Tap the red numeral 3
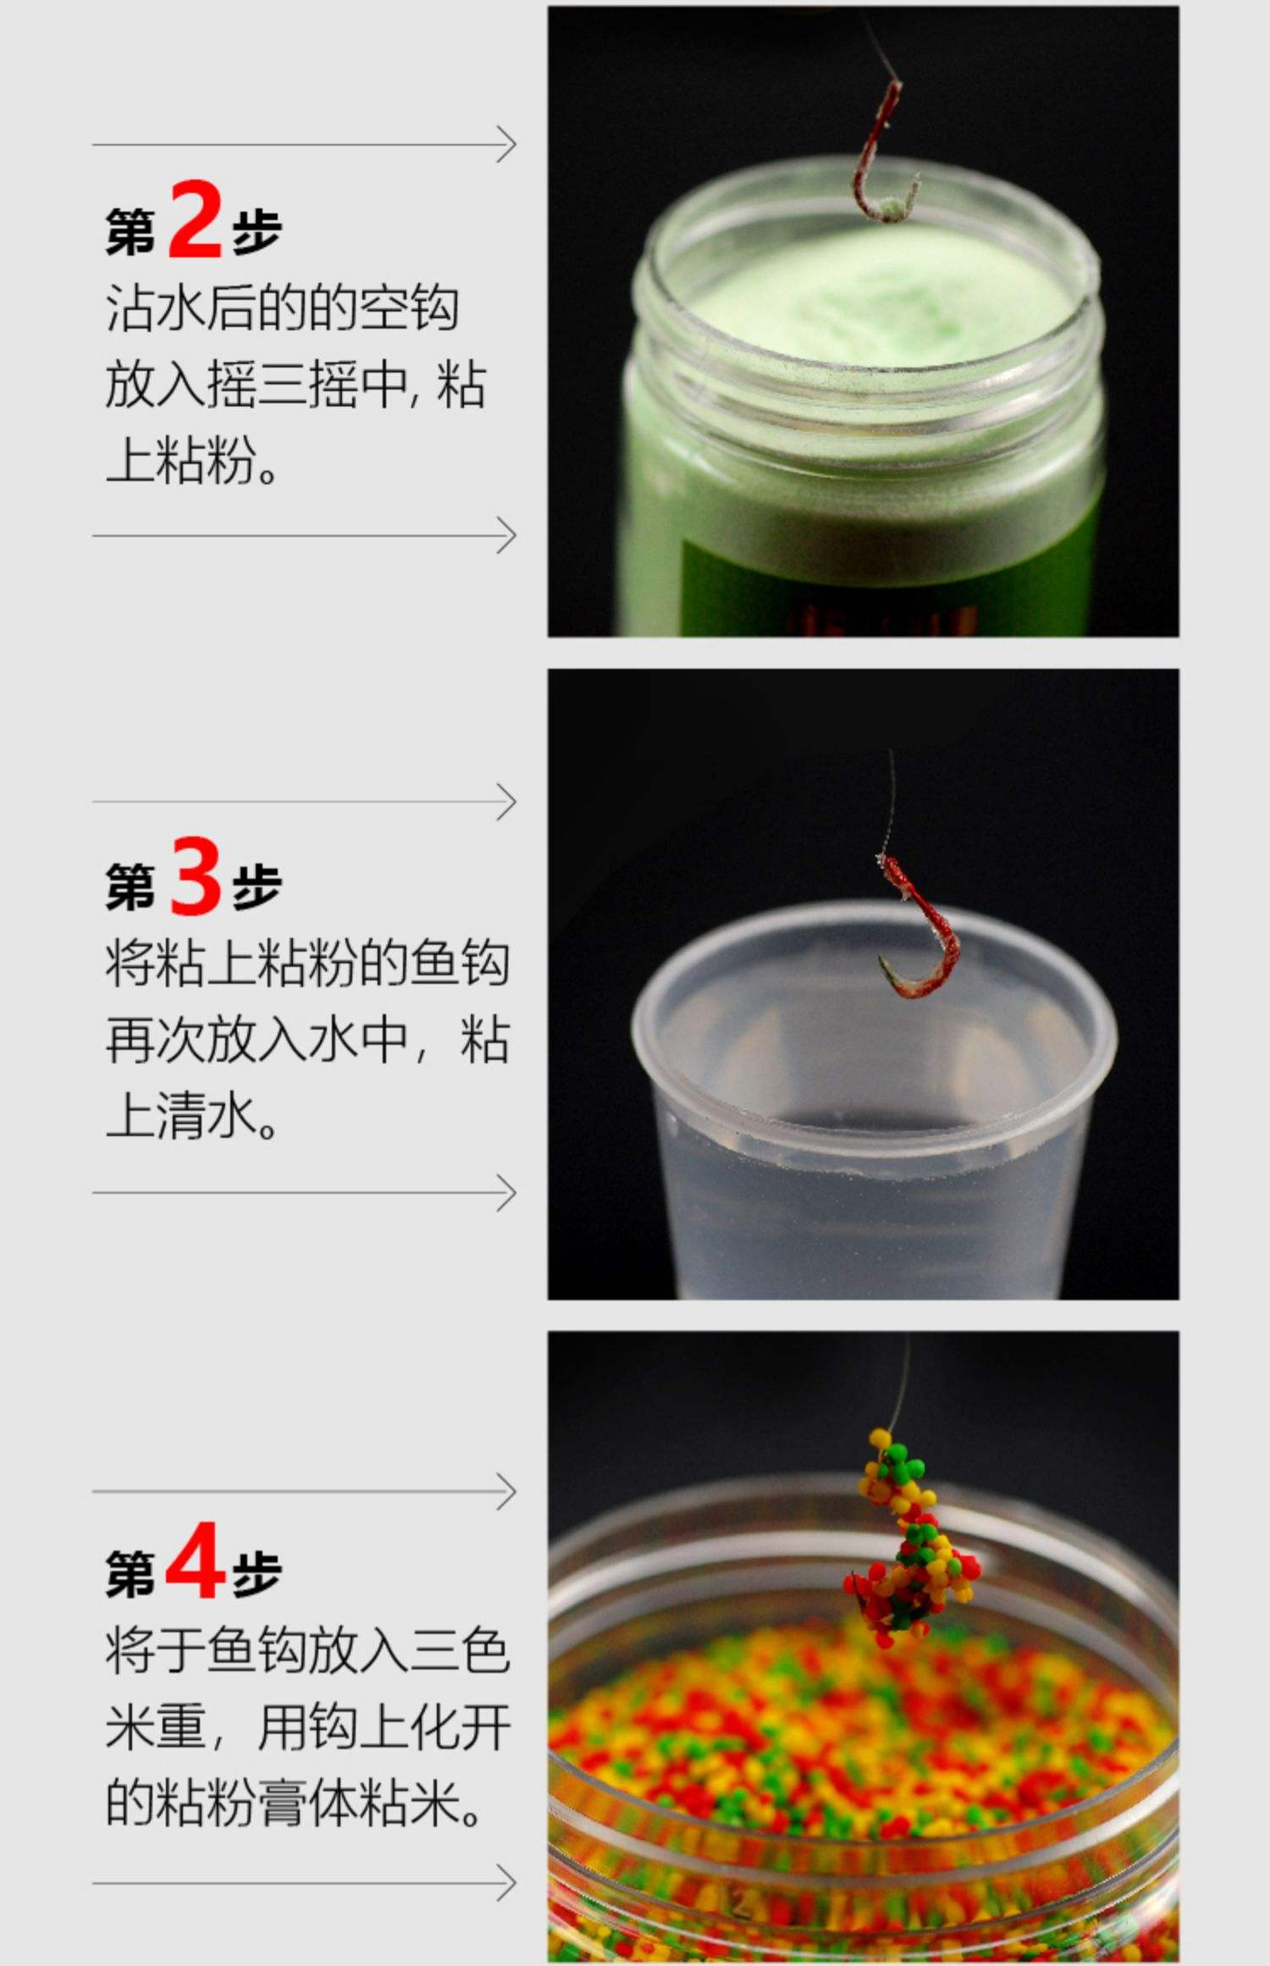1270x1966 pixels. click(196, 875)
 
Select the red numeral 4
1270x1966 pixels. click(195, 1560)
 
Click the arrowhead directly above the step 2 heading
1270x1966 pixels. click(506, 145)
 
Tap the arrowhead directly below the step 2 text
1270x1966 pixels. click(506, 536)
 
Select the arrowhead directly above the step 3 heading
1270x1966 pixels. click(506, 802)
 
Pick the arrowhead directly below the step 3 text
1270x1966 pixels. click(506, 1193)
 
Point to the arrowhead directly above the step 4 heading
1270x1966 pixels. click(506, 1491)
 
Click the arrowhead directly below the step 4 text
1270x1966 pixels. click(506, 1883)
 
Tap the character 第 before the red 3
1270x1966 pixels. click(130, 887)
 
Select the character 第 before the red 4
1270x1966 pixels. click(130, 1573)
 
